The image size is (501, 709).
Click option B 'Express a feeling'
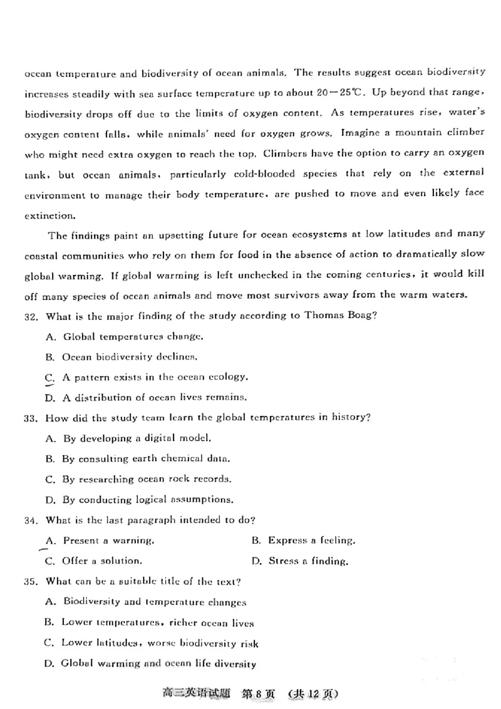click(303, 540)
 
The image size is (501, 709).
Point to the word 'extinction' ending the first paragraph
click(49, 215)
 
